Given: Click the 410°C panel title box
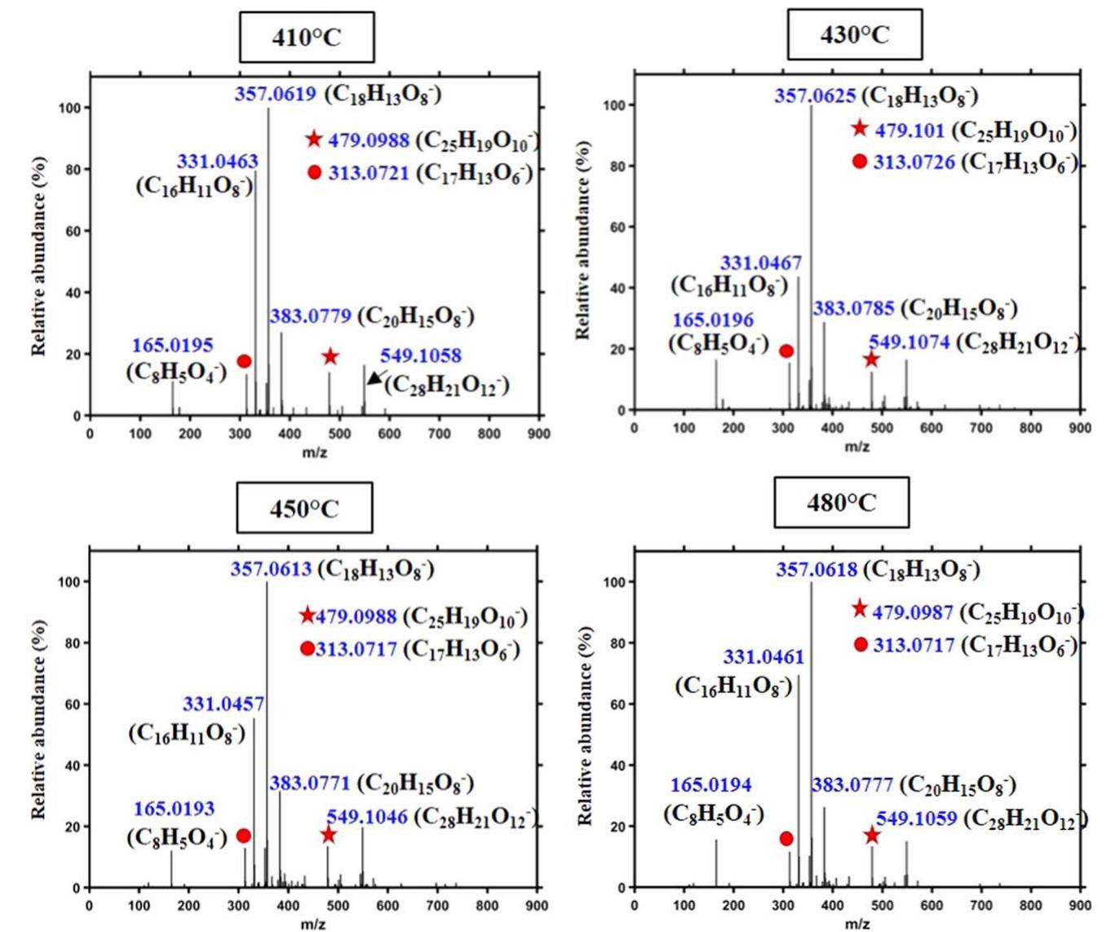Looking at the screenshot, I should pos(307,38).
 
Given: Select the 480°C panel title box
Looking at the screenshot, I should pos(841,503).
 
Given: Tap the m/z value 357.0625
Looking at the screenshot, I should pos(815,96).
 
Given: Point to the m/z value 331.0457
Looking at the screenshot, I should pos(223,704).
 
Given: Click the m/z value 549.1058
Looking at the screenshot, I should pos(420,356).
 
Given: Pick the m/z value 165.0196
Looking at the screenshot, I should pos(712,320).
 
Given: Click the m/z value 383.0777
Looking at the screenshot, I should pos(852,785).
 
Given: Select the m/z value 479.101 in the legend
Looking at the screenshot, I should pos(909,130).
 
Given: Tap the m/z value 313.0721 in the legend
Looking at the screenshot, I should pos(369,173).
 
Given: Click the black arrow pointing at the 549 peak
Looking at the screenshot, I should pos(376,377).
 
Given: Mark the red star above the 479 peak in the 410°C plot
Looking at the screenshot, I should pos(330,356).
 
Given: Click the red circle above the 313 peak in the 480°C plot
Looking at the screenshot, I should pos(786,838).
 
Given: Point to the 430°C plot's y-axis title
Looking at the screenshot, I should pos(582,241).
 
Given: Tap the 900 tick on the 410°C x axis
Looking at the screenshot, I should pos(538,433).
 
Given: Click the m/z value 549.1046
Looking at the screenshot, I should pos(367,816).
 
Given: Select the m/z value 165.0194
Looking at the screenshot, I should pos(710,785).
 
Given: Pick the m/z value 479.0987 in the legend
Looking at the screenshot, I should pos(912,612).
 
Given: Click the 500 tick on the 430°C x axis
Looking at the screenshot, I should pos(882,428).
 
